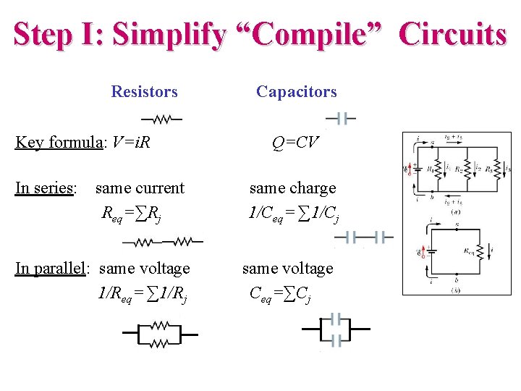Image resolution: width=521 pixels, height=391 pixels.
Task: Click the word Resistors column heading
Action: pos(144,92)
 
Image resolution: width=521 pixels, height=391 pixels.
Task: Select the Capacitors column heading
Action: pos(296,92)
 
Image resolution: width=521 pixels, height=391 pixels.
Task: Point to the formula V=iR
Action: pos(131,142)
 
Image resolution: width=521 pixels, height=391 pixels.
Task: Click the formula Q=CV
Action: pos(295,142)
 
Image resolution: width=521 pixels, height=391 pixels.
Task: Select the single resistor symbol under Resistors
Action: pos(162,119)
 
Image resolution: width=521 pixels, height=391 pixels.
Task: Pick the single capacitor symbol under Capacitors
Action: pos(341,119)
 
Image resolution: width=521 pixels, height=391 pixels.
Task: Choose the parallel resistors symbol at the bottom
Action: pos(160,335)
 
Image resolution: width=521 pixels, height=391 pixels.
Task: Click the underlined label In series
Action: pos(46,188)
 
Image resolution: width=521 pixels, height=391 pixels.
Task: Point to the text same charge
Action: pos(292,188)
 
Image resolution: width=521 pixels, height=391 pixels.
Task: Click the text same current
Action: pos(140,188)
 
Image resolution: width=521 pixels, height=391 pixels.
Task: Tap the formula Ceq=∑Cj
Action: pos(280,294)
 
